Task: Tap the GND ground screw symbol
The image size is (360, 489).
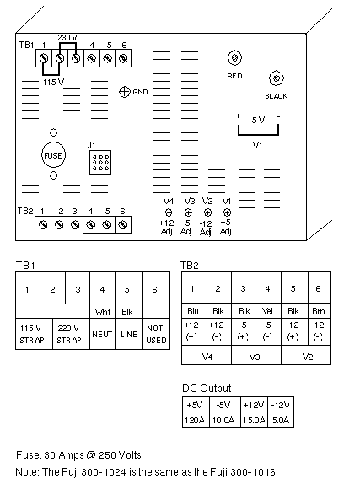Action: click(x=125, y=92)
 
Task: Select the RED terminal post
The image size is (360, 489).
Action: click(x=234, y=58)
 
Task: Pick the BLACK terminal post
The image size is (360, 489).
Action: click(x=277, y=78)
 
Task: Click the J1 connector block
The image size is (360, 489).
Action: click(x=100, y=163)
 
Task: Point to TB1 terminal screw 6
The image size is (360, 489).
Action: click(x=124, y=58)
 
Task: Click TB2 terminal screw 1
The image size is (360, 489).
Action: click(x=43, y=224)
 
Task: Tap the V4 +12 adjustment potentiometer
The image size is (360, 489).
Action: click(x=169, y=212)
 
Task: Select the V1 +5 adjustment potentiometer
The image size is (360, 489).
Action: click(x=227, y=212)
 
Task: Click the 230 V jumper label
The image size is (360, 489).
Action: click(x=67, y=38)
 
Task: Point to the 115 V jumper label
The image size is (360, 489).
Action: click(x=53, y=82)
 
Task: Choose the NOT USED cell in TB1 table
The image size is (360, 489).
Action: click(x=156, y=334)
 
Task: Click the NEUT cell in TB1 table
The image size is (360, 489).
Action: click(x=102, y=334)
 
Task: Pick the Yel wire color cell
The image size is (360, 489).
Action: click(x=267, y=311)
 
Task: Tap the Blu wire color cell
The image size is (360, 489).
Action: click(x=193, y=311)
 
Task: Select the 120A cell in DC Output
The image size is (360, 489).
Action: click(x=196, y=420)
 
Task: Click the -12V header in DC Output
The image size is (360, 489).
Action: click(x=281, y=405)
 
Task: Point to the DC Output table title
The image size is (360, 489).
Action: click(x=207, y=389)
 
